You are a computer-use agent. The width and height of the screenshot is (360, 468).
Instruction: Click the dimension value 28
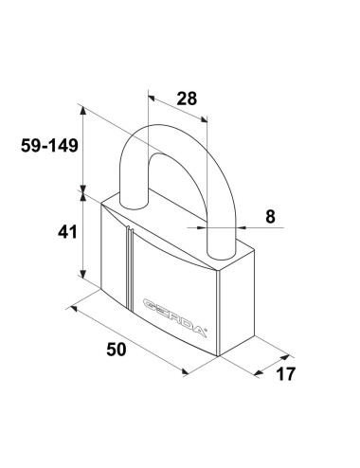click(x=187, y=99)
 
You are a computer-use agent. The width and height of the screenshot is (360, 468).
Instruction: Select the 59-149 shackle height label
click(x=49, y=146)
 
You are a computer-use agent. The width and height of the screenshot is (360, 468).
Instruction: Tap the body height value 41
click(x=67, y=232)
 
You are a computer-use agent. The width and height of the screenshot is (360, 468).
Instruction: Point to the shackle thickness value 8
click(x=270, y=217)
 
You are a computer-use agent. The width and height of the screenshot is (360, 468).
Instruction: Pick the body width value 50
click(x=117, y=350)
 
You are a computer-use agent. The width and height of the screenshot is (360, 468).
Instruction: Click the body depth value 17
click(x=286, y=374)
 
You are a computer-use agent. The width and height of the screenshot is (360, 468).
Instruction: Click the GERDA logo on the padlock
click(x=174, y=317)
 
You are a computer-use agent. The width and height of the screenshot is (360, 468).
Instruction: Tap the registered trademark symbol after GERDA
click(x=206, y=331)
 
